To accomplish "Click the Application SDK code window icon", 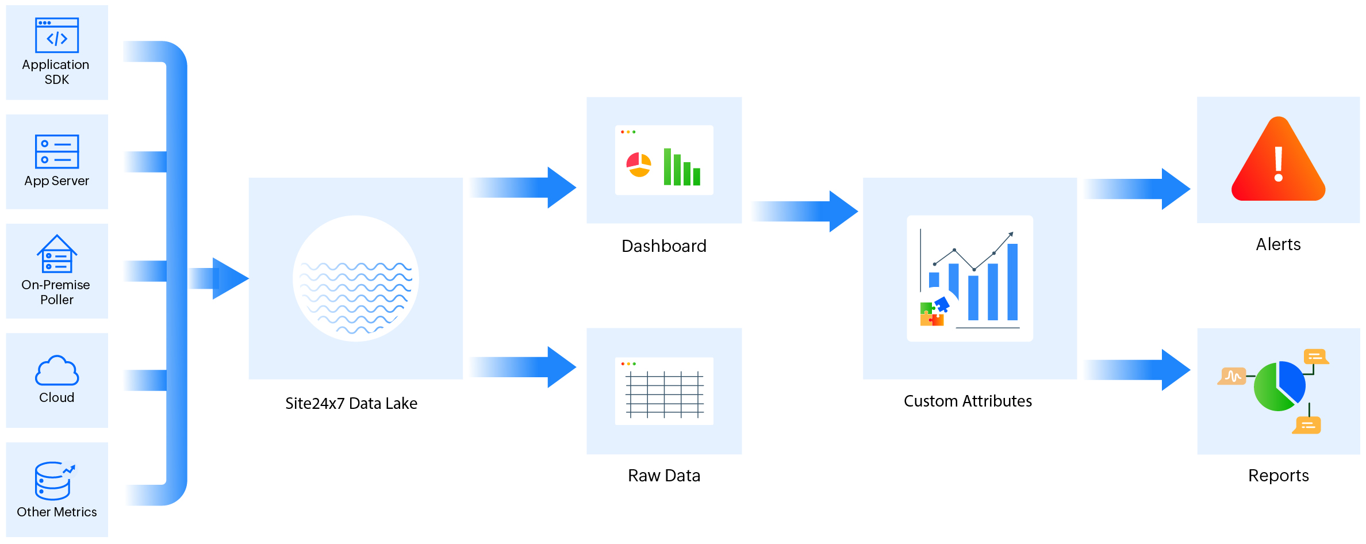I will (x=57, y=36).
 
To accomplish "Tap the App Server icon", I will (x=57, y=152).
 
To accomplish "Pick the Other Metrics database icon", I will (x=54, y=481).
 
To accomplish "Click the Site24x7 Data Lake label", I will (x=351, y=404).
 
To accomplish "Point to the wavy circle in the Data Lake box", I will (x=356, y=278).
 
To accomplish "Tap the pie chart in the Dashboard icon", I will (x=639, y=165).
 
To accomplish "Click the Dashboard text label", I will (x=664, y=246).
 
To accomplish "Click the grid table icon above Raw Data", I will (x=664, y=394).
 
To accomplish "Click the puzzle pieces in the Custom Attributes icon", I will (x=933, y=312).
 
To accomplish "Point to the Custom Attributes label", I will (x=968, y=401).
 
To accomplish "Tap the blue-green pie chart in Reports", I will (x=1279, y=386).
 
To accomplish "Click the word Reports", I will (x=1278, y=476).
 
